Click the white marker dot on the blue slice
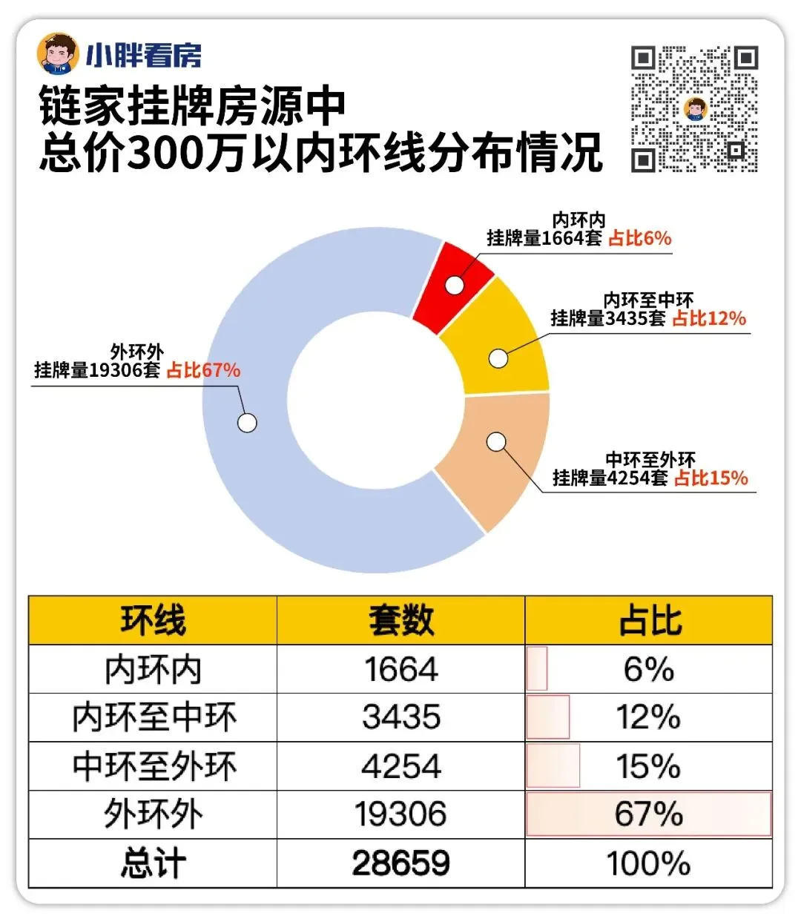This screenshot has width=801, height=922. [x=247, y=423]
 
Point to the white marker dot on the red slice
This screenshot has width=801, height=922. [x=454, y=285]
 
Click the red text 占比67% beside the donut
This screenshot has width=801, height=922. [x=203, y=370]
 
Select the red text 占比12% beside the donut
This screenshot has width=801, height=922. [x=709, y=318]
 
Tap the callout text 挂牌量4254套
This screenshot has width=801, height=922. [x=610, y=478]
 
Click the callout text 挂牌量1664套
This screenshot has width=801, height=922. [x=544, y=238]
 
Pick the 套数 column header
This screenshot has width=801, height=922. [x=400, y=621]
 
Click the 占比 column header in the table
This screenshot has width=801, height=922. [x=649, y=621]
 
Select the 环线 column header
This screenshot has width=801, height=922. [x=153, y=621]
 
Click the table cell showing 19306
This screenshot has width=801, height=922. [x=400, y=814]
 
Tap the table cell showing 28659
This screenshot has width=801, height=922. [x=400, y=863]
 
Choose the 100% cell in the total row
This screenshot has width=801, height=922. [x=649, y=863]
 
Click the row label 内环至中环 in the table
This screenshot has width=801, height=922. [x=154, y=717]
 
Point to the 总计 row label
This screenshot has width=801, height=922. [x=154, y=863]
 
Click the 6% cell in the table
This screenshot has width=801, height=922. [x=649, y=669]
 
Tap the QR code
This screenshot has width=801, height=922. [x=694, y=108]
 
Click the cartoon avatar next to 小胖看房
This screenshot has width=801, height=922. [x=58, y=53]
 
